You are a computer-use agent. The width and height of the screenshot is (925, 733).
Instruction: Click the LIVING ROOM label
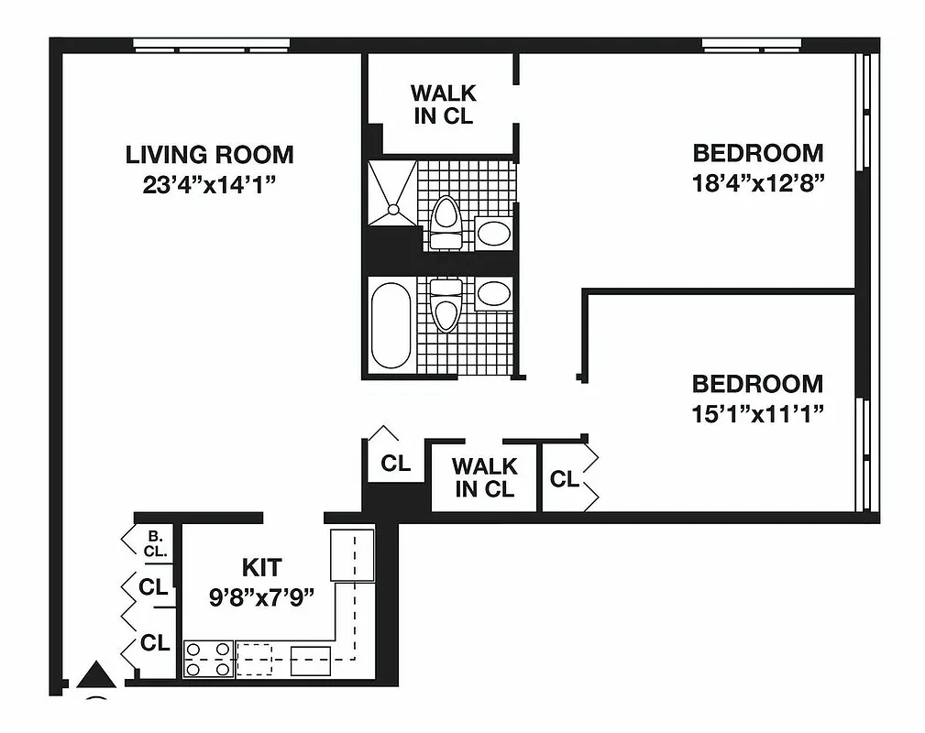coord(209,154)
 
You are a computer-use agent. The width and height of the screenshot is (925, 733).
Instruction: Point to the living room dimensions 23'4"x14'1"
coord(209,184)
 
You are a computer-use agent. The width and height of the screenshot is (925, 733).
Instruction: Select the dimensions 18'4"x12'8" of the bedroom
coord(758,181)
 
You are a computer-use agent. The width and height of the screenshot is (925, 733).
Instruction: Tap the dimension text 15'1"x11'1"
coord(757,413)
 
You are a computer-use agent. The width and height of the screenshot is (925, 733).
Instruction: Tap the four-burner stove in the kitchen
coord(208,659)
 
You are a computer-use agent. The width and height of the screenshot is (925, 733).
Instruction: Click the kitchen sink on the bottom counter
coord(310,660)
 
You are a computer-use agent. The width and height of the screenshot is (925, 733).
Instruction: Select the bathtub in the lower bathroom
coord(391,324)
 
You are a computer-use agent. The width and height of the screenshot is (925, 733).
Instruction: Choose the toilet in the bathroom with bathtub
coord(446,304)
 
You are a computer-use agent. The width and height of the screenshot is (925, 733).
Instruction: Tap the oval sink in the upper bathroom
coord(494,233)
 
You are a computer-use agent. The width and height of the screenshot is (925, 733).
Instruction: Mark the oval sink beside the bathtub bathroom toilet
coord(494,293)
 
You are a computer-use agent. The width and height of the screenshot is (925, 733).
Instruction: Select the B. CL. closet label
coord(154,543)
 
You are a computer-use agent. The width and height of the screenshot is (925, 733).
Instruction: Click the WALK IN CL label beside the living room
coord(443,104)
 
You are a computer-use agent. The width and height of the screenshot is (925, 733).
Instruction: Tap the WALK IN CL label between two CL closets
coord(485,477)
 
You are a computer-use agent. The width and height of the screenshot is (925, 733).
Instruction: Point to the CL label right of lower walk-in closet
coord(564,478)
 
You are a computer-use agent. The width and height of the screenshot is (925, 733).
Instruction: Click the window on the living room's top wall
coord(211,44)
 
